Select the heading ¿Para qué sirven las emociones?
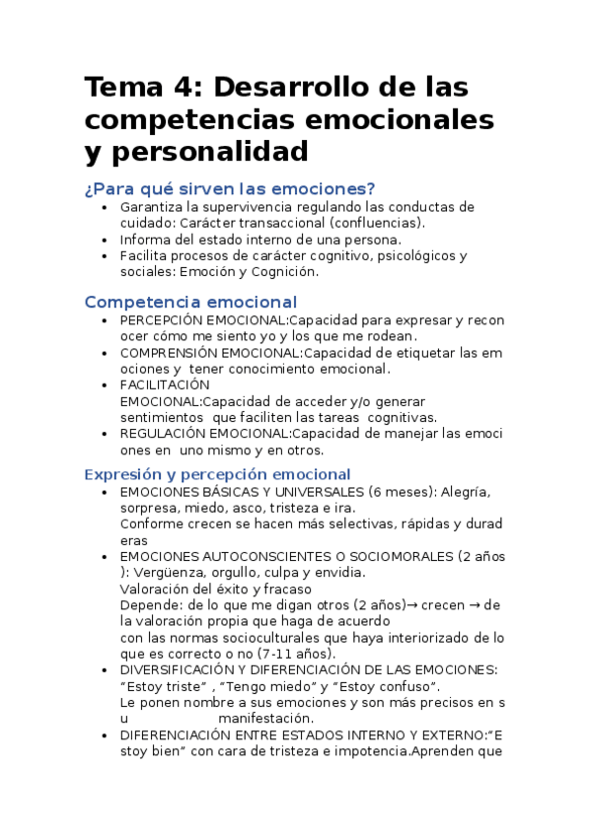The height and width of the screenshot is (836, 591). pyautogui.click(x=229, y=188)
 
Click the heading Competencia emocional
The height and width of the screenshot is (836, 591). pyautogui.click(x=190, y=302)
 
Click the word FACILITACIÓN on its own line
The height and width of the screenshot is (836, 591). pyautogui.click(x=165, y=384)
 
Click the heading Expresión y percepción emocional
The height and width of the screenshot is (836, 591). pyautogui.click(x=217, y=473)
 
